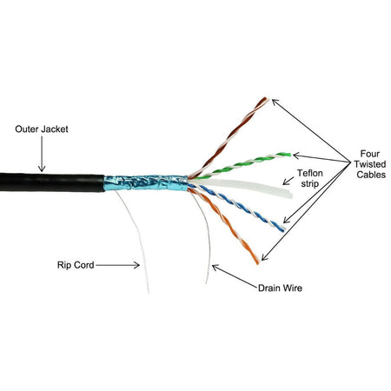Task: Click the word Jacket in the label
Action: click(55, 129)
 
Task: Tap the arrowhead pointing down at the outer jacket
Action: click(42, 169)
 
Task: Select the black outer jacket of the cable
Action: click(52, 182)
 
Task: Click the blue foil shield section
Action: click(146, 182)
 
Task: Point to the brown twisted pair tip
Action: click(266, 99)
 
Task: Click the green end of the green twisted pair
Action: click(287, 154)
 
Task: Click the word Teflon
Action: click(309, 173)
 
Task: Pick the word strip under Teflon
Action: click(309, 183)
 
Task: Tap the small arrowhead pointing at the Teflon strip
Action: click(286, 182)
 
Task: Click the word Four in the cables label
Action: click(369, 154)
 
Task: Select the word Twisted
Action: click(370, 164)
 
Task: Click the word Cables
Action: click(371, 175)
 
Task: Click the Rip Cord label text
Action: click(76, 265)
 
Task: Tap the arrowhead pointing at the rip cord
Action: click(136, 265)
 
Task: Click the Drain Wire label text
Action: click(280, 288)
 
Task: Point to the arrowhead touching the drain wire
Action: click(215, 268)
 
